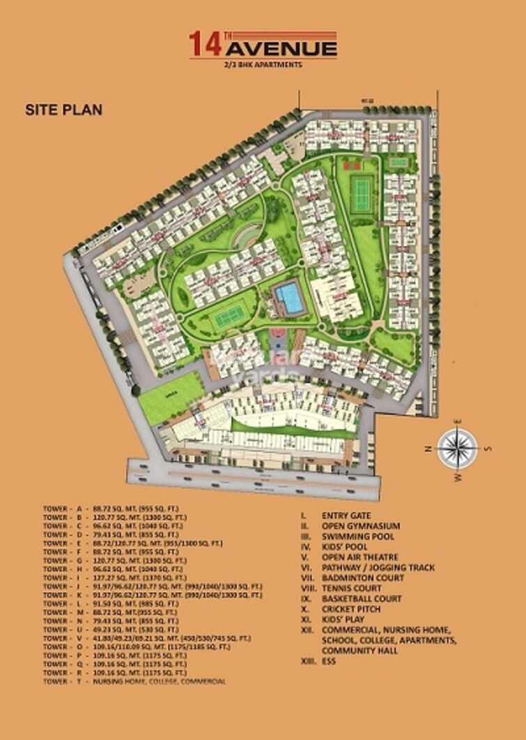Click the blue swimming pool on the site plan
[x=289, y=299]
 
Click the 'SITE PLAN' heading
[x=64, y=110]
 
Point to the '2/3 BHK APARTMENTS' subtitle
[x=263, y=65]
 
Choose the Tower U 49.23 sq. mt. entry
[x=111, y=629]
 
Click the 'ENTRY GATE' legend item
[x=346, y=515]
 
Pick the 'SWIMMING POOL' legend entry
[x=357, y=536]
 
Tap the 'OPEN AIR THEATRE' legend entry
[x=359, y=557]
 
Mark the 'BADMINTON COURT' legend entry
[x=362, y=577]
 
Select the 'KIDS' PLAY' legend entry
[x=344, y=619]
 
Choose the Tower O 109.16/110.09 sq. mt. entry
[x=135, y=647]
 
